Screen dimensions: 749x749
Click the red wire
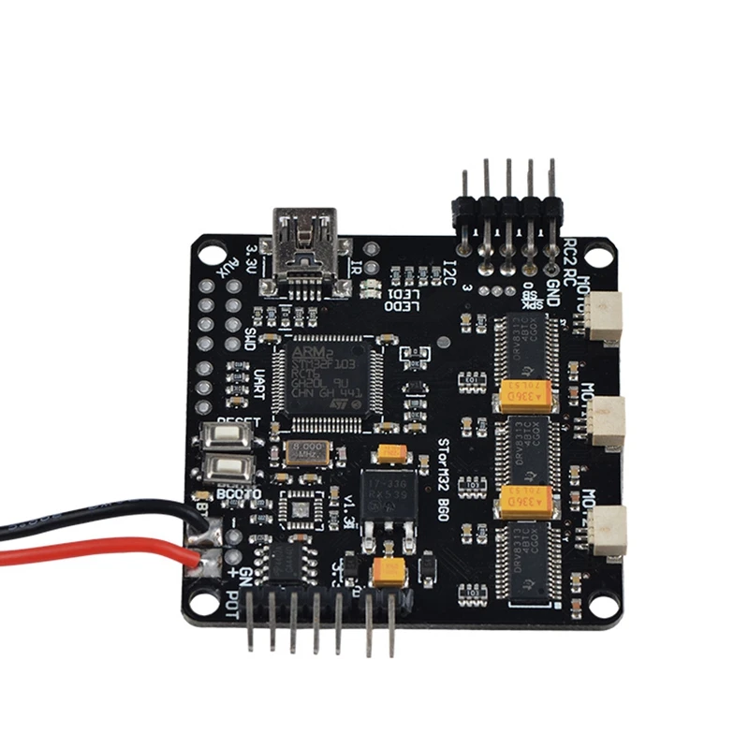point(94,551)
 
